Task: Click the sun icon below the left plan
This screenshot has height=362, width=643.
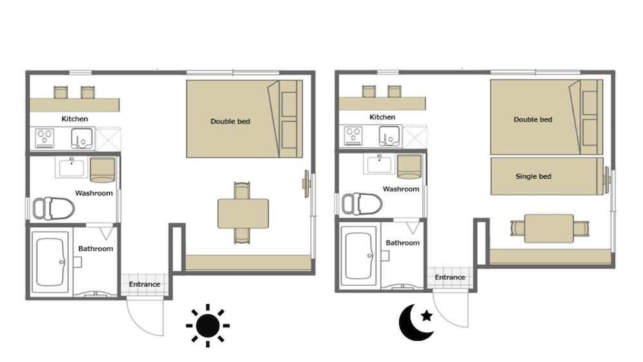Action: [x=208, y=326]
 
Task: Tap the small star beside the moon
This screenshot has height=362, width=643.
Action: [x=426, y=316]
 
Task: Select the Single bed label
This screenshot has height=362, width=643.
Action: [x=533, y=176]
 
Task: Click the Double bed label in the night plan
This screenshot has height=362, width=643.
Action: [x=532, y=120]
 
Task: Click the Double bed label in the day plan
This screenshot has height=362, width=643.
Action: [x=230, y=122]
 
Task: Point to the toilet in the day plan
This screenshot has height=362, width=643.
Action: [x=53, y=209]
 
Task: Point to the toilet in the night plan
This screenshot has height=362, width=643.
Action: [x=362, y=204]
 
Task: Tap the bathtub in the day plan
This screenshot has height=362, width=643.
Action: [x=50, y=262]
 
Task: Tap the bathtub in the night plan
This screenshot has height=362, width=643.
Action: [x=358, y=256]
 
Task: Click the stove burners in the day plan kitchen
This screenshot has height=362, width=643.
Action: [x=45, y=138]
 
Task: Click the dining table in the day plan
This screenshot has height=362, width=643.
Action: [x=243, y=213]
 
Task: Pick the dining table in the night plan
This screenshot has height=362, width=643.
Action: [x=549, y=228]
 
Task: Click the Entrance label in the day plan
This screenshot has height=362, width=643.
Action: [x=144, y=284]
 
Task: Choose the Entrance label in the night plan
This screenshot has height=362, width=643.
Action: [x=450, y=277]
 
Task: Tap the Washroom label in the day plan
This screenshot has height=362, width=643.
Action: [x=94, y=193]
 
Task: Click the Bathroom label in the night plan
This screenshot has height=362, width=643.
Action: [x=403, y=242]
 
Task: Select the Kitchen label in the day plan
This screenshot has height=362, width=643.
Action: [x=75, y=119]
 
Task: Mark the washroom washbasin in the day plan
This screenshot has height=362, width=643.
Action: [x=72, y=167]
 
